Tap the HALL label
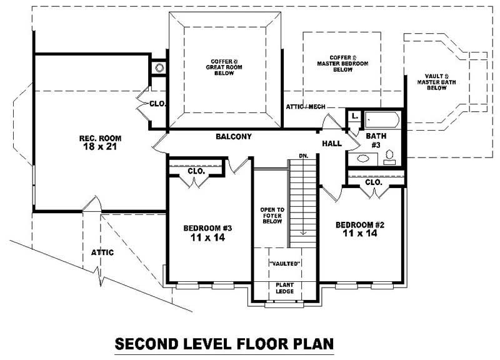point(331,144)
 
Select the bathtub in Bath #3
point(382,119)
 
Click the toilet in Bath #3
point(389,156)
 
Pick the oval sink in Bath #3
point(362,159)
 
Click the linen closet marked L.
point(354,116)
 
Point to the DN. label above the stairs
point(304,155)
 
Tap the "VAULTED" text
point(285,264)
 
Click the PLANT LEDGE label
point(285,288)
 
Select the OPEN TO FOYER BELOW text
point(272,216)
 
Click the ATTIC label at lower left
point(102,252)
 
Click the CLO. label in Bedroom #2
point(373,182)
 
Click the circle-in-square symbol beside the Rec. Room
point(159,66)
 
